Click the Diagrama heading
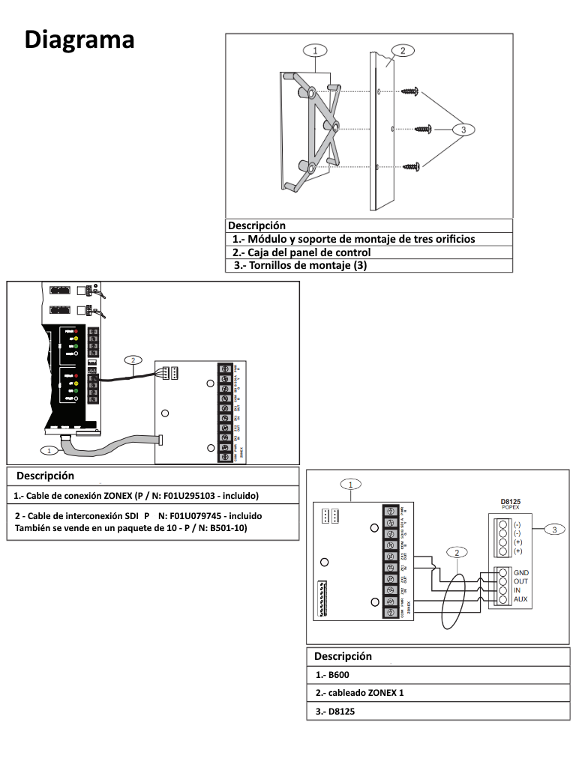coord(79,39)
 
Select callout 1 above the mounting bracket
coord(316,50)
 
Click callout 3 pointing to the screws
coord(463,130)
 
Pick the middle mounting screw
coord(423,129)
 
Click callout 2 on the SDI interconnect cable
coord(133,360)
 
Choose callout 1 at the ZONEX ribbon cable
coord(49,450)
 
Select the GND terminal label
coord(521,572)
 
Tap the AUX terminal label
coord(520,599)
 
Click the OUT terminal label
coord(520,581)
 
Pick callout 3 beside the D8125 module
coord(553,530)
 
